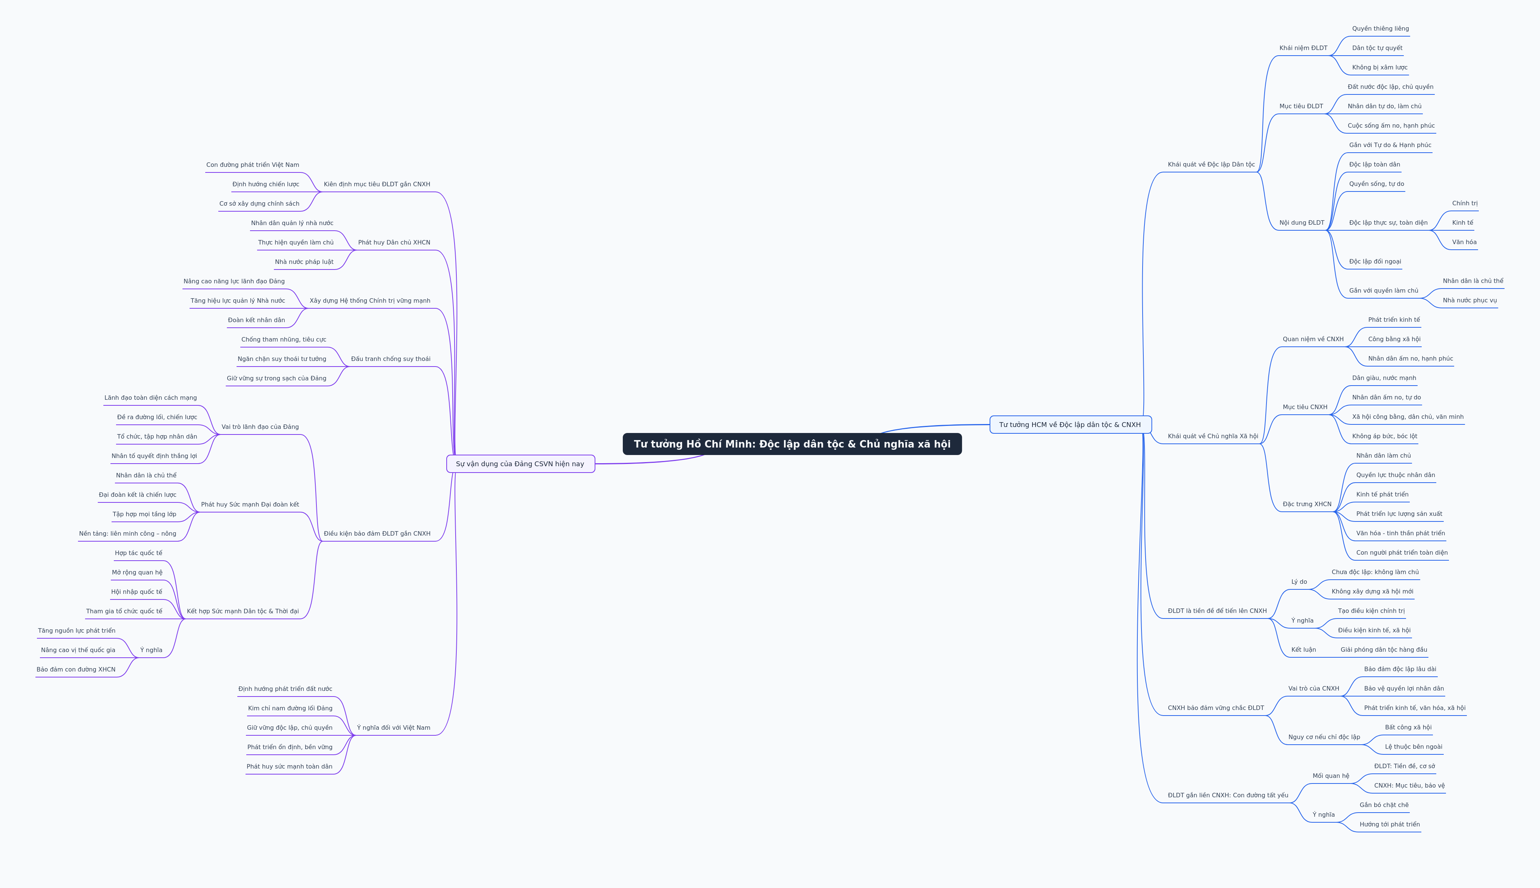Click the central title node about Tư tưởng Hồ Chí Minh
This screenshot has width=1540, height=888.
tap(792, 444)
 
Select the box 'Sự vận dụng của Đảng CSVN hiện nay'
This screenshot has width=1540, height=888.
tap(520, 464)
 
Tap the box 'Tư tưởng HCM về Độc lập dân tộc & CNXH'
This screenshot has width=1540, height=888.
tap(1070, 424)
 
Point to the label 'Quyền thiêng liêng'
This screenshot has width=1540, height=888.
tap(1380, 29)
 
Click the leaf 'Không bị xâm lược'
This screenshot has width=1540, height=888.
tap(1380, 68)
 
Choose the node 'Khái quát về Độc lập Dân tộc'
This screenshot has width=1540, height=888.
tap(1211, 165)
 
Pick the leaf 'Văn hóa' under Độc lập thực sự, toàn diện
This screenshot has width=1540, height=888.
tap(1464, 242)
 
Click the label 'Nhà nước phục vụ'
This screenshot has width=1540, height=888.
tap(1469, 300)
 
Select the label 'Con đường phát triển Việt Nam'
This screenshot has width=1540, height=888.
tap(252, 165)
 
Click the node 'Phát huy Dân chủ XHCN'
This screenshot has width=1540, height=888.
tap(394, 243)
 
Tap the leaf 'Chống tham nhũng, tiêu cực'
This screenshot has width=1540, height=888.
tap(284, 340)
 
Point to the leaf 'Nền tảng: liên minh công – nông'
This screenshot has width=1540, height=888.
tap(127, 534)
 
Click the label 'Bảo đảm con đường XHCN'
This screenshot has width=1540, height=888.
tap(76, 670)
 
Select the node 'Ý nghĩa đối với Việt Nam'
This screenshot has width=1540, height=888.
tap(394, 727)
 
